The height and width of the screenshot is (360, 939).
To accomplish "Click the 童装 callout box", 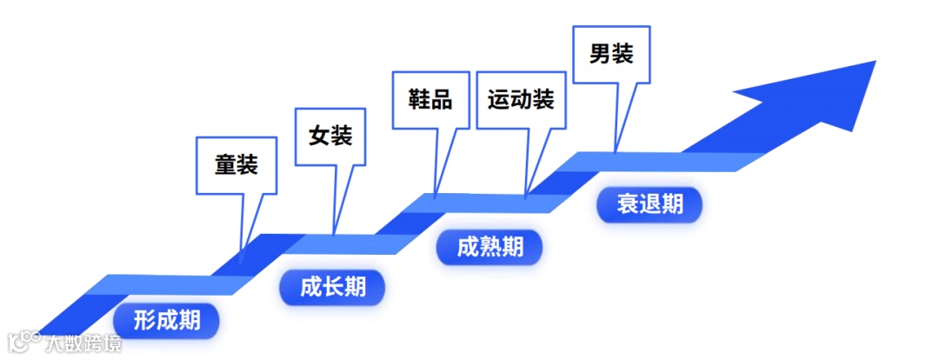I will (236, 165).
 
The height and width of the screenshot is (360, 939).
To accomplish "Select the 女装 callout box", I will (330, 137).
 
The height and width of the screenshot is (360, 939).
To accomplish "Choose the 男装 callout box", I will (611, 55).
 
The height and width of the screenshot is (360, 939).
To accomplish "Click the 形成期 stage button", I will (166, 322).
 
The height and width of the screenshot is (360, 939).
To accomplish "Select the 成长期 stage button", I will (332, 287).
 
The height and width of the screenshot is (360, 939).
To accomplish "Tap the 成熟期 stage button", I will (489, 248).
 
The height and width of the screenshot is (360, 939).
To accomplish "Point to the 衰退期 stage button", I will (649, 204).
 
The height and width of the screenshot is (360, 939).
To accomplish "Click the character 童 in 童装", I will (225, 165).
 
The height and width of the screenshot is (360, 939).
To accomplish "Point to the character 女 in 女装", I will (320, 137).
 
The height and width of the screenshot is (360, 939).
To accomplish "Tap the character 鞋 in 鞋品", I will (419, 98).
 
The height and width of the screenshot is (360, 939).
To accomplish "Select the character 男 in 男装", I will (601, 55).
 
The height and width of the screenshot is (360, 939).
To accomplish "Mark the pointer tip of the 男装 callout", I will (615, 152).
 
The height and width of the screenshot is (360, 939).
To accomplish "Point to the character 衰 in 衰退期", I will (628, 204).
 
